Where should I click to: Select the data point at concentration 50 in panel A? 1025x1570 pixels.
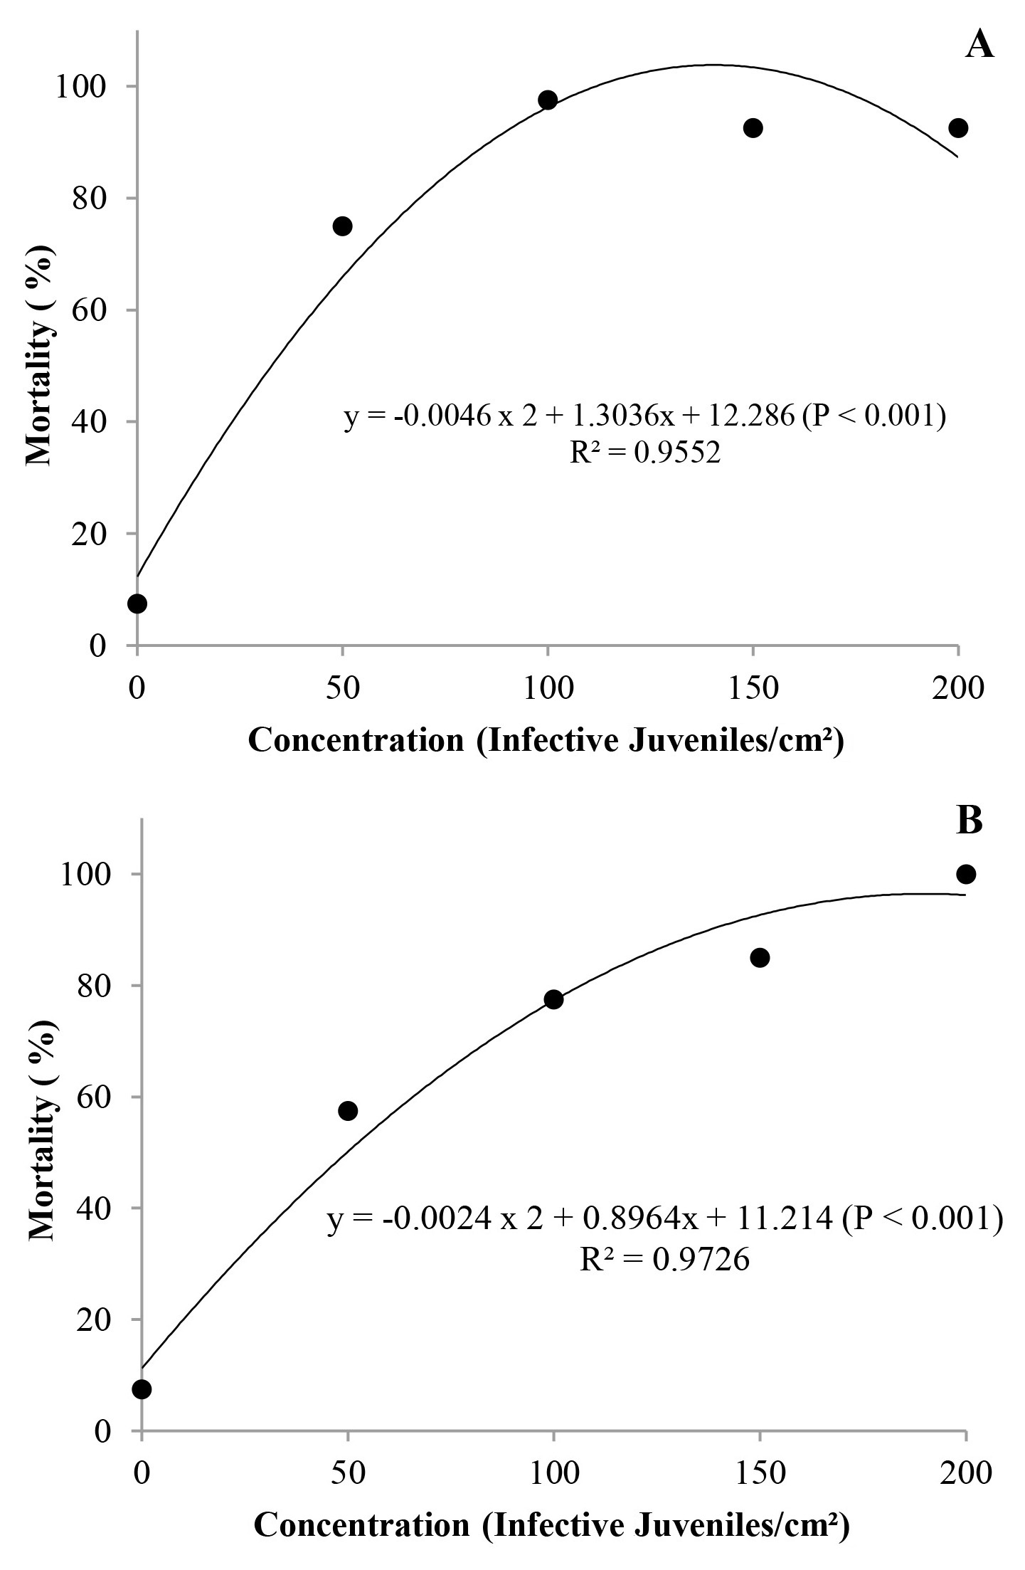(x=343, y=226)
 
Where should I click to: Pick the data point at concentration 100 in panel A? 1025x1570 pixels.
(x=548, y=100)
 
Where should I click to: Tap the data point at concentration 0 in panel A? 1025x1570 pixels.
(x=137, y=604)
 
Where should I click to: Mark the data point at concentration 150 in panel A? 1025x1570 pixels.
(x=753, y=128)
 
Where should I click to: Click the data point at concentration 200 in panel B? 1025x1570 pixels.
(x=966, y=874)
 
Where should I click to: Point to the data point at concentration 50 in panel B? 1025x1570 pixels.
(x=348, y=1110)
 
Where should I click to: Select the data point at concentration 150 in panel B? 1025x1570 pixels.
(x=760, y=957)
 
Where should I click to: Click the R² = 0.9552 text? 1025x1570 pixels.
(x=645, y=453)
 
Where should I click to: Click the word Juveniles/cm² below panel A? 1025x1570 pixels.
(x=737, y=741)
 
